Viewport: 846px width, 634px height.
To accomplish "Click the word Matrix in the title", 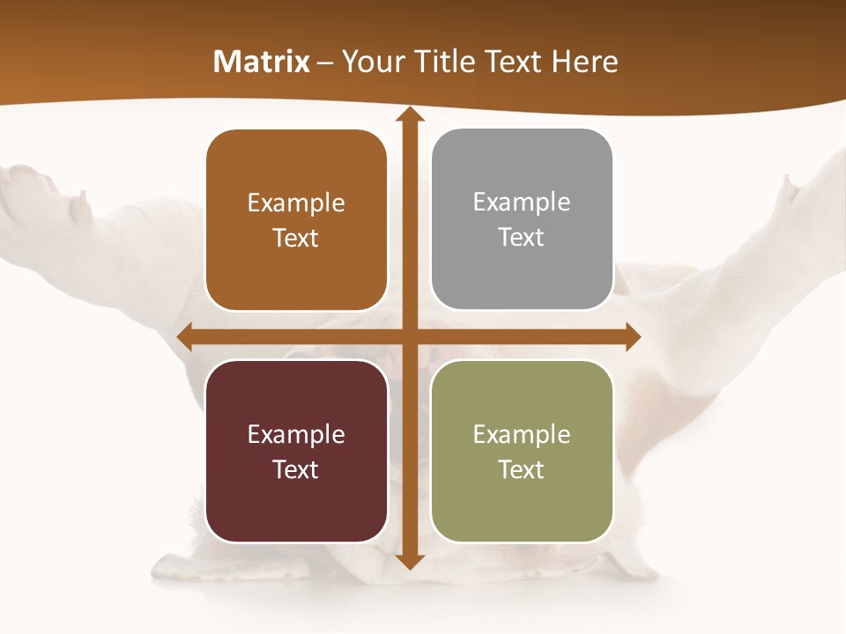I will [x=262, y=62].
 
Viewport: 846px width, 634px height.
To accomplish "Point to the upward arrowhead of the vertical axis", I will [x=409, y=115].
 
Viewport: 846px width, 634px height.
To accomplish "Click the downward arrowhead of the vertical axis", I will [x=409, y=561].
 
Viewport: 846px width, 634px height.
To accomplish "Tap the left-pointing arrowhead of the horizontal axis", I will [x=185, y=336].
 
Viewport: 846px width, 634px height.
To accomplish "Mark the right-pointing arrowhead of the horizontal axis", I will [x=632, y=336].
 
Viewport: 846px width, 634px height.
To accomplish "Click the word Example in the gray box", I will [x=522, y=203].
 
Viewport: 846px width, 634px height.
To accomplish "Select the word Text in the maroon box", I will [x=295, y=469].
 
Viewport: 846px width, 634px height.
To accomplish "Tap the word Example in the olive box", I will [x=522, y=434].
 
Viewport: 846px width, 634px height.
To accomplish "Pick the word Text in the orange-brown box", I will [x=295, y=238].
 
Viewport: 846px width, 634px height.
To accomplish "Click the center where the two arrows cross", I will [x=409, y=336].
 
